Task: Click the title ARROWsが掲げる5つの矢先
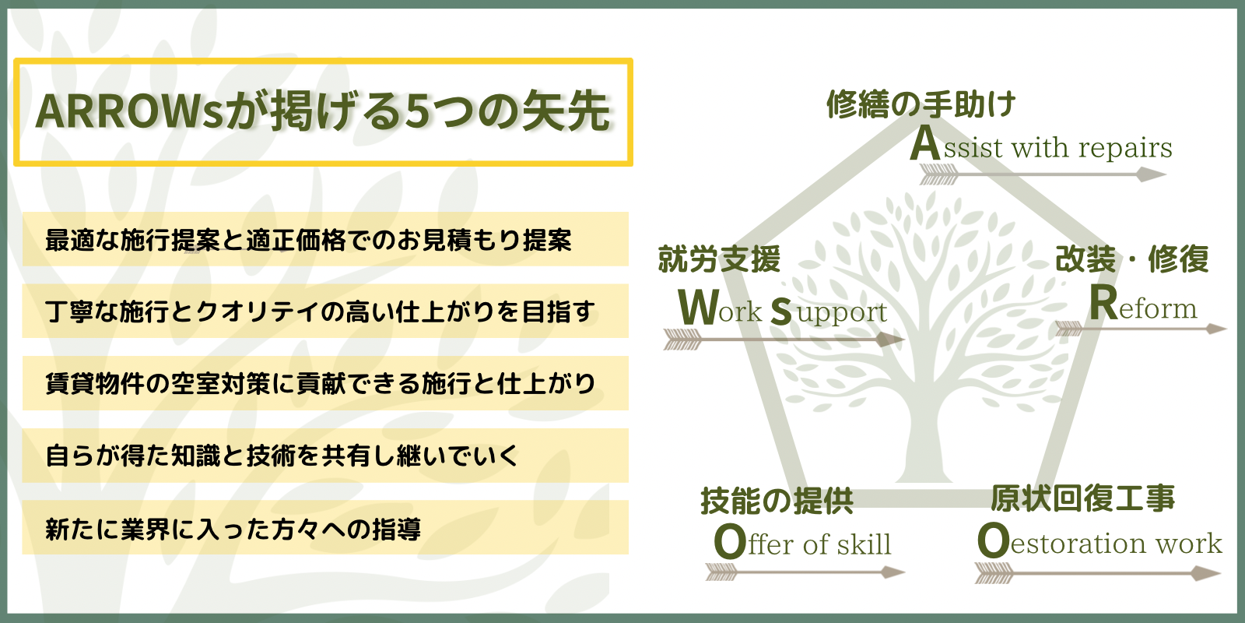tap(323, 111)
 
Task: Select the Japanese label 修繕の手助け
tap(921, 104)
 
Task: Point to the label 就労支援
tap(719, 259)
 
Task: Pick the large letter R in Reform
tap(1103, 303)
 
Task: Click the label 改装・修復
tap(1131, 259)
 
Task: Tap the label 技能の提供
tap(777, 501)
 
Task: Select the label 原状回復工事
tap(1082, 498)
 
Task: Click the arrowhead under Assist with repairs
tap(1151, 174)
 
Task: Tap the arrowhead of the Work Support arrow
tap(890, 340)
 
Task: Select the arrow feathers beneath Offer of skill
tap(721, 572)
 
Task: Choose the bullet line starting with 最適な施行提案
tap(308, 241)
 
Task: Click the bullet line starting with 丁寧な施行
tap(320, 311)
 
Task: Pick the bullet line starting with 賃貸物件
tap(320, 384)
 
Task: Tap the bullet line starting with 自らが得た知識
tap(282, 456)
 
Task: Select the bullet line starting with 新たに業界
tap(233, 529)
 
